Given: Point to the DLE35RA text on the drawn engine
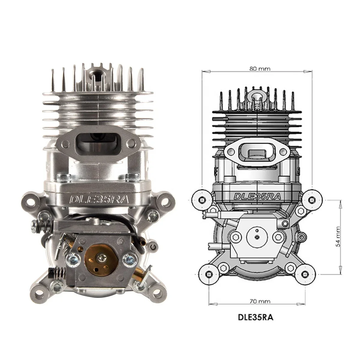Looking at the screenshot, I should tap(257, 196).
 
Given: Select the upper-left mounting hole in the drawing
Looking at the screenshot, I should tap(202, 200).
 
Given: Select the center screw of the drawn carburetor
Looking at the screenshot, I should tap(257, 237).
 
